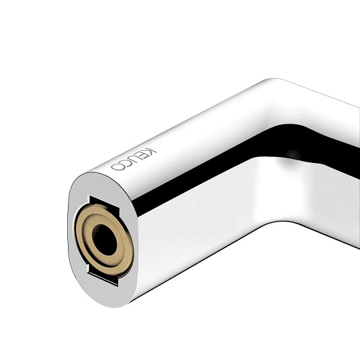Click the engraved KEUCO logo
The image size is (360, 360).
click(133, 160)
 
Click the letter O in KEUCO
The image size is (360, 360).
click(118, 166)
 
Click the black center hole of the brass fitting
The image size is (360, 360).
click(105, 240)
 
